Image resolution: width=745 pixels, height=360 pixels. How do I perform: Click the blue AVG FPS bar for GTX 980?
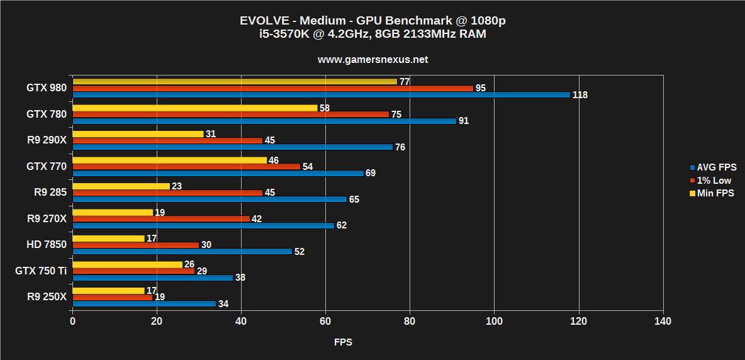(x=321, y=95)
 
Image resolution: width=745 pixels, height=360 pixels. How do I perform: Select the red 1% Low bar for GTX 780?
(x=230, y=115)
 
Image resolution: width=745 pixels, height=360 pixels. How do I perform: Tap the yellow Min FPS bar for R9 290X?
(x=138, y=134)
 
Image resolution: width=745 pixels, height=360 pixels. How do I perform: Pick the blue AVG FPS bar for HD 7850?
(x=182, y=251)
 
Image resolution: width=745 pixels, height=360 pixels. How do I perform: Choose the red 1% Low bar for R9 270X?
(x=161, y=219)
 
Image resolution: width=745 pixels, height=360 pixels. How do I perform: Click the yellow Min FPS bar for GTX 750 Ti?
(x=127, y=264)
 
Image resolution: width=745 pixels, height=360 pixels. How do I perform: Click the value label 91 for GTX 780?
(x=464, y=121)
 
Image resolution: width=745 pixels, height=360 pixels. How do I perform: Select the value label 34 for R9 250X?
(x=223, y=304)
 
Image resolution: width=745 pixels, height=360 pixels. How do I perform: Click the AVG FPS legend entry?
(x=712, y=167)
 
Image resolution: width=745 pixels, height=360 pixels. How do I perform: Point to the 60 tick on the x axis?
(x=325, y=322)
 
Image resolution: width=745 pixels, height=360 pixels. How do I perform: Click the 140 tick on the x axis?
(x=663, y=322)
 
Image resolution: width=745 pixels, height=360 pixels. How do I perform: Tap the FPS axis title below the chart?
(x=343, y=342)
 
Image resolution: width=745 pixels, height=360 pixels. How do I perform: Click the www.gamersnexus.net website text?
(x=373, y=60)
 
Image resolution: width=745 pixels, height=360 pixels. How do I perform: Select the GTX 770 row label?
(x=46, y=166)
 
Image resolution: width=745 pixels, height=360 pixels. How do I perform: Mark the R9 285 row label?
(x=50, y=193)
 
